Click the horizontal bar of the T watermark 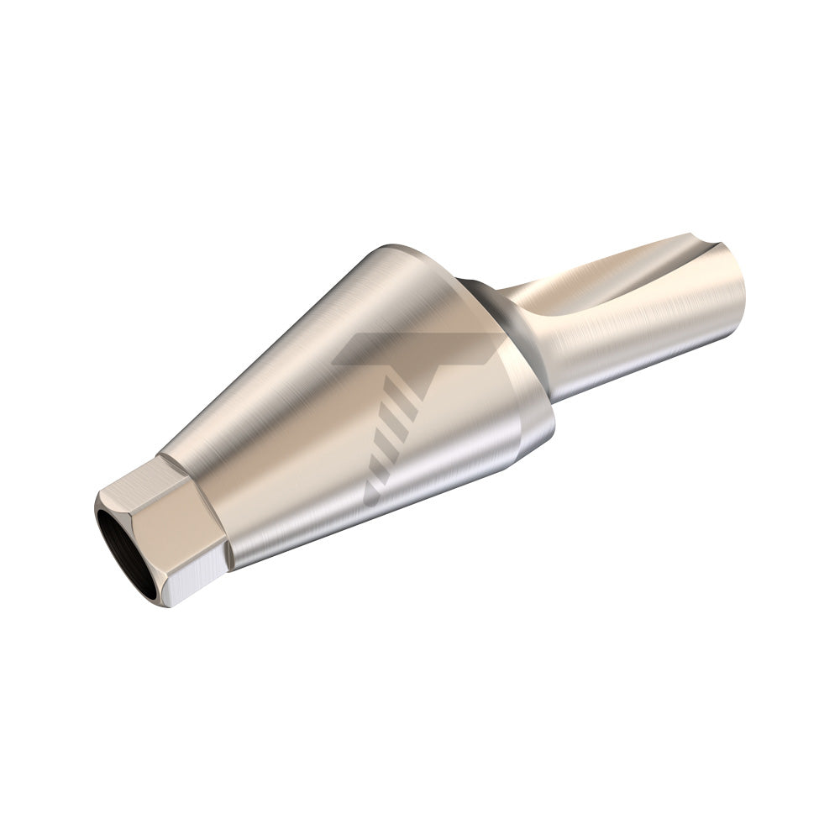[420, 349]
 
